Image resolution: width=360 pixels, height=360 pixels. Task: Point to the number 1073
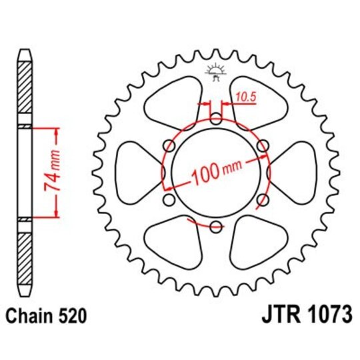point(326,313)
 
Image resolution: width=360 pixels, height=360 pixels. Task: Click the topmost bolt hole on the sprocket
point(215,120)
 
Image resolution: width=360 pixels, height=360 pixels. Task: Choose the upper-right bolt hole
point(262,147)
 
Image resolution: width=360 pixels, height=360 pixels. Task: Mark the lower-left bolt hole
point(169,201)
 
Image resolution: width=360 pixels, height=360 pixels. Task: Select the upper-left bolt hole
point(169,147)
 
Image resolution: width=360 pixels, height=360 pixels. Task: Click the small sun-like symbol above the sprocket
point(215,70)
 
